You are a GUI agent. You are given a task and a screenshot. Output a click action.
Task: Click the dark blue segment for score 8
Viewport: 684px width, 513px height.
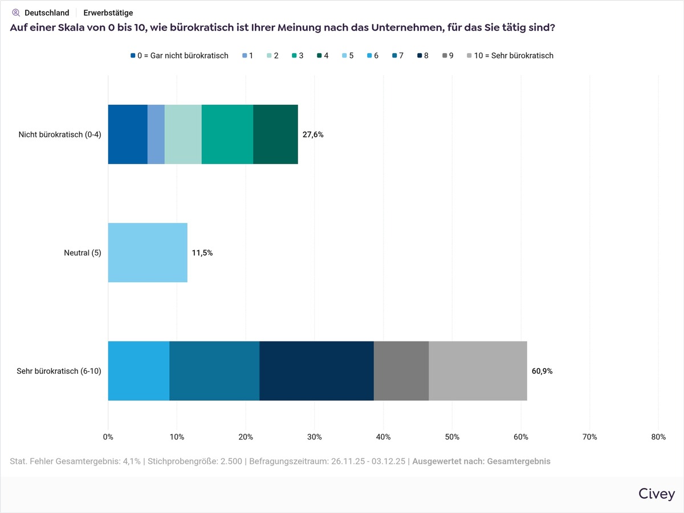(316, 371)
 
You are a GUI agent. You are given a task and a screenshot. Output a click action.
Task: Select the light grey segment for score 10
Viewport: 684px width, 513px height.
(478, 371)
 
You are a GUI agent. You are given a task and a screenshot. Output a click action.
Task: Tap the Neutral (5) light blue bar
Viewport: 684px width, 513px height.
(148, 253)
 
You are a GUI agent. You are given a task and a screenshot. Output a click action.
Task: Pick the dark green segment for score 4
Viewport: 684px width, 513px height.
(275, 135)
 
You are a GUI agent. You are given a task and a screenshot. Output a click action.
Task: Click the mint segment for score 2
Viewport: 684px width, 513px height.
(183, 135)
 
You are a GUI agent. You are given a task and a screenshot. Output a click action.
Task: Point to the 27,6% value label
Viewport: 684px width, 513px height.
(313, 135)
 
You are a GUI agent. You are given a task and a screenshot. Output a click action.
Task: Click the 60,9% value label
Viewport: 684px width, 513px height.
(542, 371)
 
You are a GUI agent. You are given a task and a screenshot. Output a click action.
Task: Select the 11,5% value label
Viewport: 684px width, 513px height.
(202, 253)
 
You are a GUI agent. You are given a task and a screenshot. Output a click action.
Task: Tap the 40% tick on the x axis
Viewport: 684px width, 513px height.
(384, 437)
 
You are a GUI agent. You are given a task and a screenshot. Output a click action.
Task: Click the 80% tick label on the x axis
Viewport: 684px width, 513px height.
(658, 437)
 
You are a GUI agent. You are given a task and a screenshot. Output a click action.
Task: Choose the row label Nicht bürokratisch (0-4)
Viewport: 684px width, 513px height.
(60, 135)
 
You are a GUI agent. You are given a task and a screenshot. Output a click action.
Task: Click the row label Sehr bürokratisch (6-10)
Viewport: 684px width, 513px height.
(59, 372)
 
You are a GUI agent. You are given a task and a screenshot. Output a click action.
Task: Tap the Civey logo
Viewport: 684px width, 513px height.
(657, 494)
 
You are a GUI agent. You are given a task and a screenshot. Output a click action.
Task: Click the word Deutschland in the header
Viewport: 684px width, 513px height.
(47, 13)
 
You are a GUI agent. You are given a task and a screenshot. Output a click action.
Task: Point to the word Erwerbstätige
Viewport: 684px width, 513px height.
(108, 13)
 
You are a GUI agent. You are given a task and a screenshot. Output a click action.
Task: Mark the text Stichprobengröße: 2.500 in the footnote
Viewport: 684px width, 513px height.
(196, 461)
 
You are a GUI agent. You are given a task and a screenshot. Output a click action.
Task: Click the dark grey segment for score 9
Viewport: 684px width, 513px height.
(401, 371)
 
